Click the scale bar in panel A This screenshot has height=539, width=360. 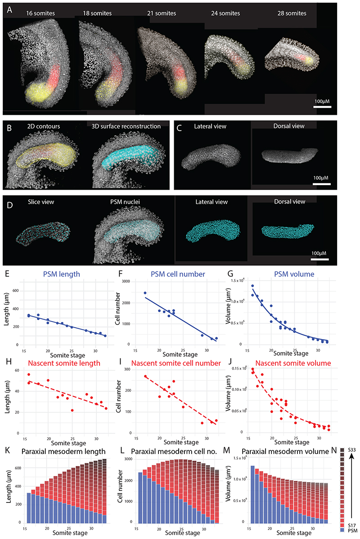pyautogui.click(x=322, y=107)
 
